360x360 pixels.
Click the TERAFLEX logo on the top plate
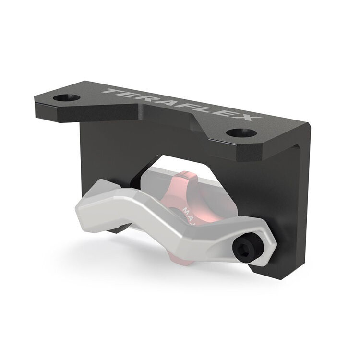click(183, 105)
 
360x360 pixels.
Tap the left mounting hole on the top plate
click(66, 98)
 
